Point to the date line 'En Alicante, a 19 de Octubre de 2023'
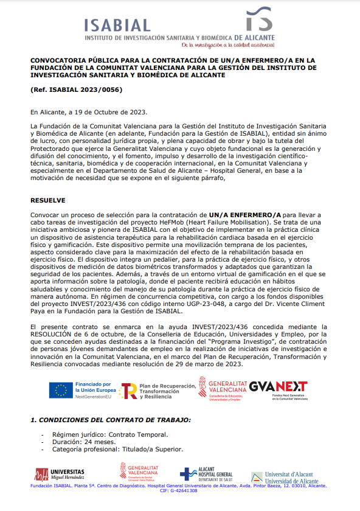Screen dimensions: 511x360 coord(88,113)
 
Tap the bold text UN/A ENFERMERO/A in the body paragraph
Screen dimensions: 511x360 coord(245,215)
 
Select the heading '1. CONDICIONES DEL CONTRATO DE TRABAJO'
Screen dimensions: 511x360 coord(111,420)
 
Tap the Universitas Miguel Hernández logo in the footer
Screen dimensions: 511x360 coord(60,474)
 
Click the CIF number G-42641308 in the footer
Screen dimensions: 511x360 coord(186,491)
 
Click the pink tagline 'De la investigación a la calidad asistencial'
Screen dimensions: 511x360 coord(228,45)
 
